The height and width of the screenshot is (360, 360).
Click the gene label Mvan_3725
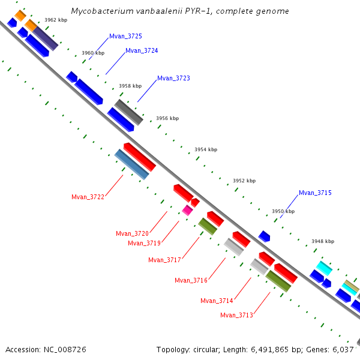point(125,37)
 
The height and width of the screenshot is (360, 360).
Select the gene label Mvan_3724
point(142,51)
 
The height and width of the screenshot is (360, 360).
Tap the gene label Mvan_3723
point(173,79)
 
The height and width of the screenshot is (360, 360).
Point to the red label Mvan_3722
point(88,197)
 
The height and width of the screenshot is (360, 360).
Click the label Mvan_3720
point(132,233)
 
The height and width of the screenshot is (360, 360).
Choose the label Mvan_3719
point(144,243)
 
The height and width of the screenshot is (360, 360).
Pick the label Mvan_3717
point(164,260)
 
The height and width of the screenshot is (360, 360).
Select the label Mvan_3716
point(191,280)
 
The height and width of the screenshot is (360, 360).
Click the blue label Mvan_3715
point(315,193)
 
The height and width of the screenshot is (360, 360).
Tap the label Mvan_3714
point(217,301)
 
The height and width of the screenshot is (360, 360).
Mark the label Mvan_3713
point(236,315)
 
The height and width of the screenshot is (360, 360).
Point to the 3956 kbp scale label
point(167,118)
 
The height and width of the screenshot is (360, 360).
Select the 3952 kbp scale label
point(244,181)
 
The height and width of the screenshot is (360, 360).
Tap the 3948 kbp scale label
point(323,241)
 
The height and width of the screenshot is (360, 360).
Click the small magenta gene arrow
point(188,209)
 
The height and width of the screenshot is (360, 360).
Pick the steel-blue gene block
point(131,164)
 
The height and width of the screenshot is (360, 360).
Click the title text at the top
point(179,11)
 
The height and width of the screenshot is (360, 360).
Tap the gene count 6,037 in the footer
point(347,349)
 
